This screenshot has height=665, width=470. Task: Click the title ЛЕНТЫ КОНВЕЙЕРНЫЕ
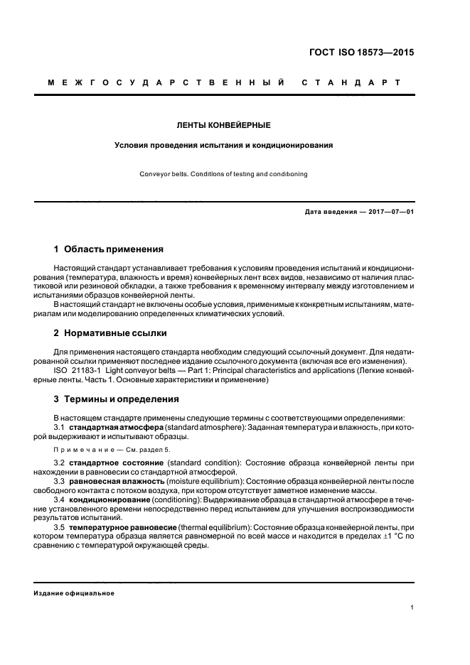point(223,125)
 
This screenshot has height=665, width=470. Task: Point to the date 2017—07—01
point(385,212)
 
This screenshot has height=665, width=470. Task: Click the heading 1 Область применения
point(109,249)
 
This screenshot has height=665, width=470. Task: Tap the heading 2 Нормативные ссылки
point(111,332)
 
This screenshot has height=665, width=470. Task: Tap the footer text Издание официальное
point(73,593)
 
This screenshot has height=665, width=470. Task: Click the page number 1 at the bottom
point(412,607)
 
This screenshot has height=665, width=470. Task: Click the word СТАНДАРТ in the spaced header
point(351,83)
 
